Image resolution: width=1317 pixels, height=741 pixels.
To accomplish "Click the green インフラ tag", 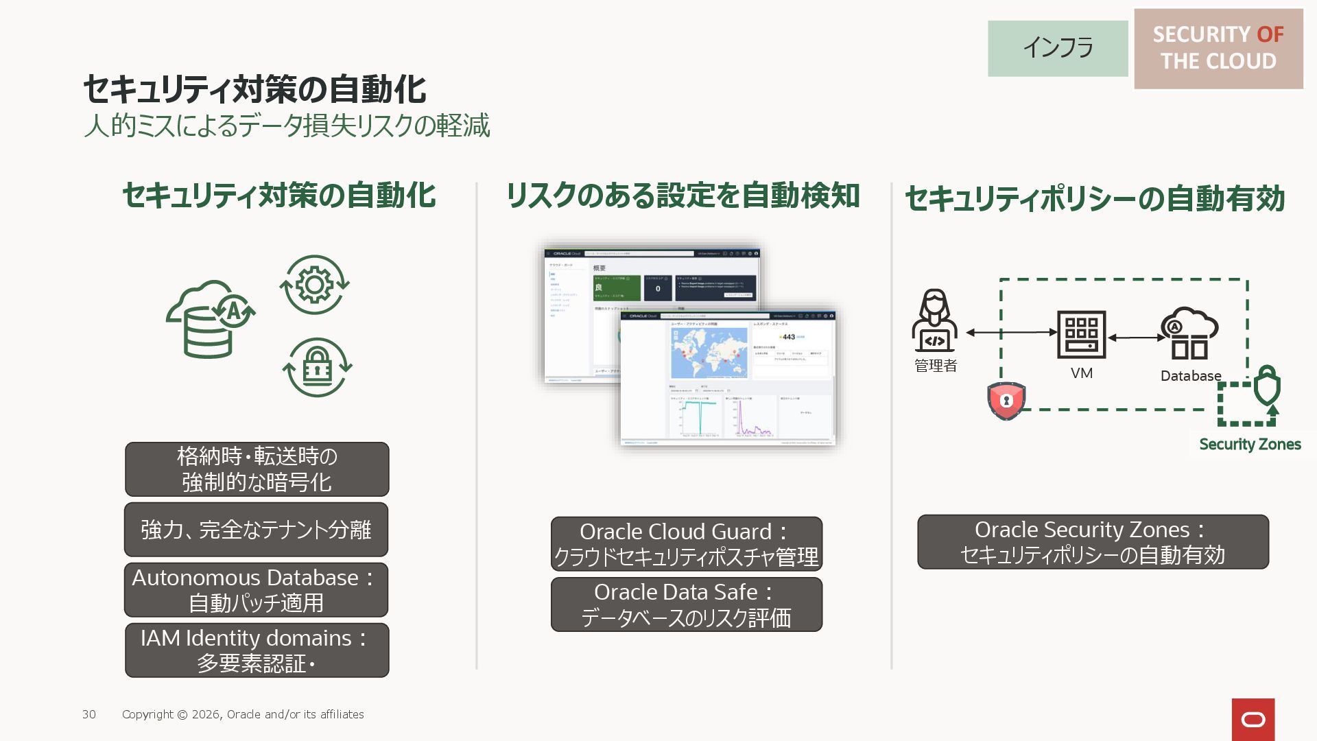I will [x=1057, y=48].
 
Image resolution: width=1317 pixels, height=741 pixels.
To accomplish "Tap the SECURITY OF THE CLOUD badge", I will [x=1218, y=48].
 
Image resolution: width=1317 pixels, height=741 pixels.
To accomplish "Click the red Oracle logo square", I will [x=1253, y=719].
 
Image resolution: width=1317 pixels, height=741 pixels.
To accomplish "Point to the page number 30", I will [x=89, y=714].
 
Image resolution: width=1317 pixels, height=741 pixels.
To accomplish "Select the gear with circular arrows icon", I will [x=314, y=285].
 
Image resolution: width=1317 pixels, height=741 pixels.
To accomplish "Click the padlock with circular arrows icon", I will [x=317, y=367].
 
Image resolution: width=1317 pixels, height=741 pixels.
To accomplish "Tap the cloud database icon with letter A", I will [x=210, y=319].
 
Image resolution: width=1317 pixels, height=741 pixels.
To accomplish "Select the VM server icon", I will [x=1081, y=334].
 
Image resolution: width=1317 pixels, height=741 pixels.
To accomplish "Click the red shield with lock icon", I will [x=1006, y=400].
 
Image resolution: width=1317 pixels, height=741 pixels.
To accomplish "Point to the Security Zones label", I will [x=1250, y=444].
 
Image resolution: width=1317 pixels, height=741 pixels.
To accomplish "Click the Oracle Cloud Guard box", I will [x=686, y=543].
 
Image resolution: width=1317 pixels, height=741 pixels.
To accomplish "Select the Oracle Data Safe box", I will [x=686, y=604].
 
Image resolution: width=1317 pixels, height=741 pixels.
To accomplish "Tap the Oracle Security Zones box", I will [x=1093, y=541].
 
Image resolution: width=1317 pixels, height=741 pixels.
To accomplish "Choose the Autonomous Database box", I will [x=256, y=589].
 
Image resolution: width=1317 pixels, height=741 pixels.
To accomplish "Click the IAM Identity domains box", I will [x=257, y=650].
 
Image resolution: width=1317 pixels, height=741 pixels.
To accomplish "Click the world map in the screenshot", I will [x=709, y=352].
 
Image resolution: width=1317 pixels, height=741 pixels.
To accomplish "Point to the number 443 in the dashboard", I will [x=789, y=337].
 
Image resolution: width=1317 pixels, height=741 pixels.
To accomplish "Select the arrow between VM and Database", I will [x=1137, y=338].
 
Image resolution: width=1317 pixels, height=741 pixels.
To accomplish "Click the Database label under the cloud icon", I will [x=1190, y=376].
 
